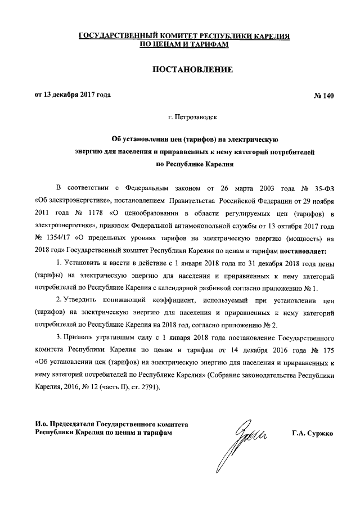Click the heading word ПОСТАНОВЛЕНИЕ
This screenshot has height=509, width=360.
pyautogui.click(x=185, y=70)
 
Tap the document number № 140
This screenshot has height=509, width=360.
pyautogui.click(x=323, y=95)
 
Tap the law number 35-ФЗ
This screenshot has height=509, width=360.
pyautogui.click(x=323, y=186)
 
